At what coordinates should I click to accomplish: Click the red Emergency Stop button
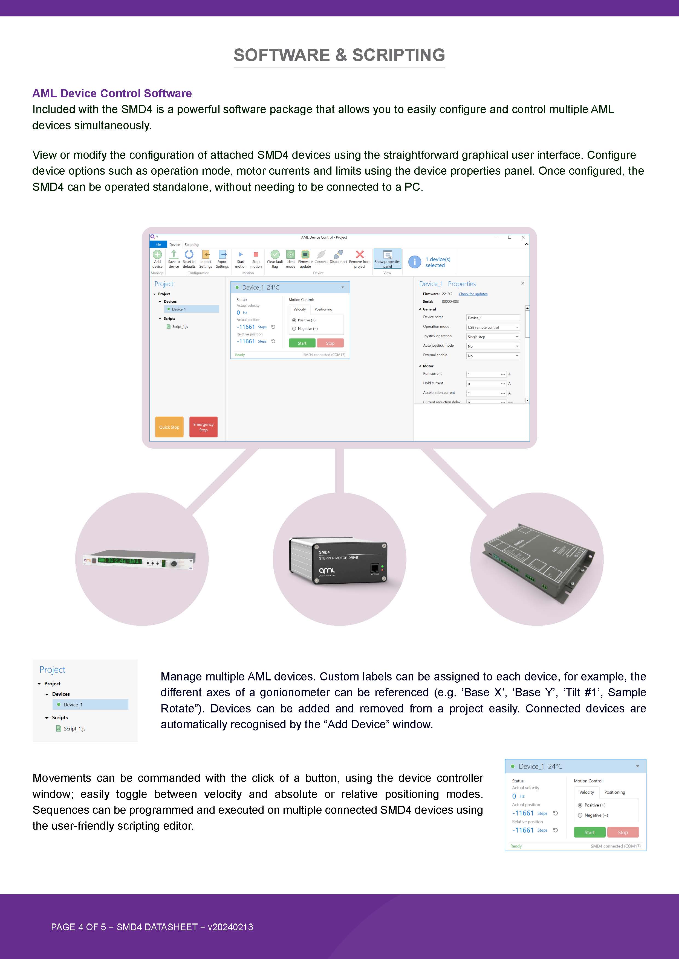tap(203, 427)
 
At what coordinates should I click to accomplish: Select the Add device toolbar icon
tap(157, 255)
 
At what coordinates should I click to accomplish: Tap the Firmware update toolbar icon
tap(305, 255)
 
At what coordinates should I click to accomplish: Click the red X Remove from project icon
tap(360, 254)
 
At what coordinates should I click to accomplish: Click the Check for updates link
tap(473, 294)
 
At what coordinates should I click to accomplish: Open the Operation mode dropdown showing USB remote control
tap(493, 328)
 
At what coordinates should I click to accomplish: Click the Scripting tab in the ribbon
tap(192, 245)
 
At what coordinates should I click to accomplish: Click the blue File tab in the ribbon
tap(158, 245)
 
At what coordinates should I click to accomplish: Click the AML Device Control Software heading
tap(112, 93)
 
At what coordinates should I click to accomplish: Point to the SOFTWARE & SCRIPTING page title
tap(339, 55)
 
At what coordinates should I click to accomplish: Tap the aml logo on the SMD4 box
tap(327, 570)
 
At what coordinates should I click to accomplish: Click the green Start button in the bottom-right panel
tap(589, 832)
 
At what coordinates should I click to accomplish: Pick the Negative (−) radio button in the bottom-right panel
tap(580, 815)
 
